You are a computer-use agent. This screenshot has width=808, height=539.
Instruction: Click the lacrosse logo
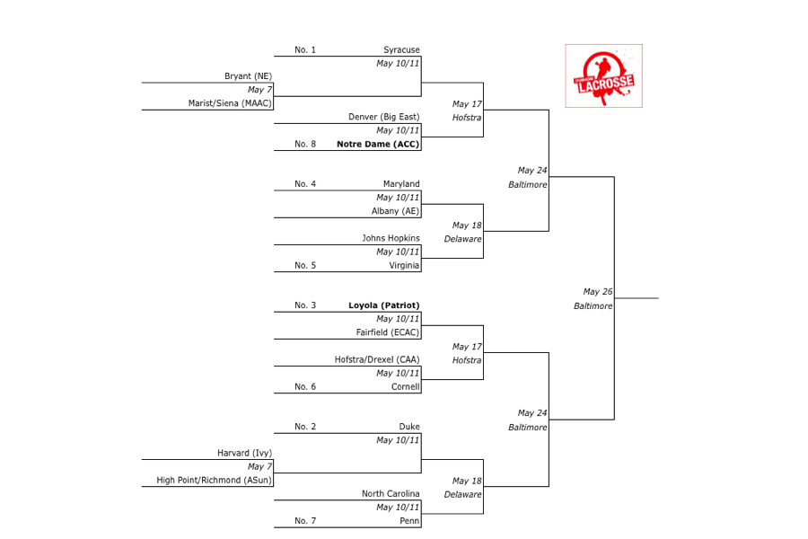coord(603,75)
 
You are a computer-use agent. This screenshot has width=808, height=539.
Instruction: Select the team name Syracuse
coord(401,50)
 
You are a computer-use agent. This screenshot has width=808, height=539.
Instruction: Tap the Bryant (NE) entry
coord(248,76)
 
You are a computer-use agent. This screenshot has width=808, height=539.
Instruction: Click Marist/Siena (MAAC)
coord(230,103)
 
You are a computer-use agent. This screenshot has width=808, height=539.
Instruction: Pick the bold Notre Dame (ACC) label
coord(378,144)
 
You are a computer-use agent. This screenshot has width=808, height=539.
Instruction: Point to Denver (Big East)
coord(384,117)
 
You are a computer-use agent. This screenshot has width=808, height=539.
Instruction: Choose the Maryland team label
coord(401,184)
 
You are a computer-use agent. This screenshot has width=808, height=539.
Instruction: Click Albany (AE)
coord(396,211)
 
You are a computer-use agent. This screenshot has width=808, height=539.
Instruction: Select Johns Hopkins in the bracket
coord(391,238)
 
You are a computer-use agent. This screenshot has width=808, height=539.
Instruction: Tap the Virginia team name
coord(404,265)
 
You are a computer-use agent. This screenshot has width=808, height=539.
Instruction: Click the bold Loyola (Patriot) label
coord(384,305)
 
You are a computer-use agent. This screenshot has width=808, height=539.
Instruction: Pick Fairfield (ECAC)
coord(388,332)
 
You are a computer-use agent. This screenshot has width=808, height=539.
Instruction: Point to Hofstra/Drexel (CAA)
coord(377,359)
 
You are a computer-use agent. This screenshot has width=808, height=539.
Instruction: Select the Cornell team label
coord(406,386)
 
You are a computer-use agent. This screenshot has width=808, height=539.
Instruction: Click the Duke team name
coord(409,427)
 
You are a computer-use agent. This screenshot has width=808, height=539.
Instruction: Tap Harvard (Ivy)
coord(244,453)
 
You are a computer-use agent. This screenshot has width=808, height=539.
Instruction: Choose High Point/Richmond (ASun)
coord(215,480)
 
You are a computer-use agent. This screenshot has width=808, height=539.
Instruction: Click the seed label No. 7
coord(305,520)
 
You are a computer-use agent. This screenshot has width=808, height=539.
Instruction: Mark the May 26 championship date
coord(597,292)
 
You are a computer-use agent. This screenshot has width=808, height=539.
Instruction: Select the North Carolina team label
coord(391,493)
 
